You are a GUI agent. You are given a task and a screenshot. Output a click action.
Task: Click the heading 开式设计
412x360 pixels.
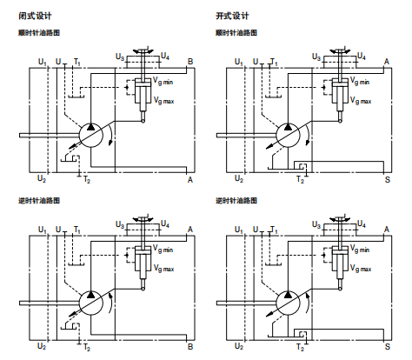coord(231,16)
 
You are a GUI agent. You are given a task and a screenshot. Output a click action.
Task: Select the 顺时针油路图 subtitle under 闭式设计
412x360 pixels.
coord(39,33)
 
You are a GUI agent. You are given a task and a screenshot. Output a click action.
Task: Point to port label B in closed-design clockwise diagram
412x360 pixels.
coord(189,61)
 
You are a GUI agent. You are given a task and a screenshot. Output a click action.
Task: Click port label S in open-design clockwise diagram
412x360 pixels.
coord(388,179)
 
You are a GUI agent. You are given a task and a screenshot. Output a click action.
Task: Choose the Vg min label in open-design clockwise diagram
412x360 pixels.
coord(360,82)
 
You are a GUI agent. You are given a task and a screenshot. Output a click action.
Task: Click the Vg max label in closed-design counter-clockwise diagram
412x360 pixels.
coord(163,268)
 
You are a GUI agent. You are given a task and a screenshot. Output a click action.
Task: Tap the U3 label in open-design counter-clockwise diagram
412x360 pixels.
coord(318,224)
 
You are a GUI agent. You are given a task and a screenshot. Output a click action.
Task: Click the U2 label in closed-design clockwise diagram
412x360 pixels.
coord(42,178)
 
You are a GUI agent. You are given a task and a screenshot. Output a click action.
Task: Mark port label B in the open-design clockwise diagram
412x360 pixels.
coord(388,61)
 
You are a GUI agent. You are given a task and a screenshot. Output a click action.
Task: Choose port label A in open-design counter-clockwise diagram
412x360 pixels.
coord(388,228)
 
